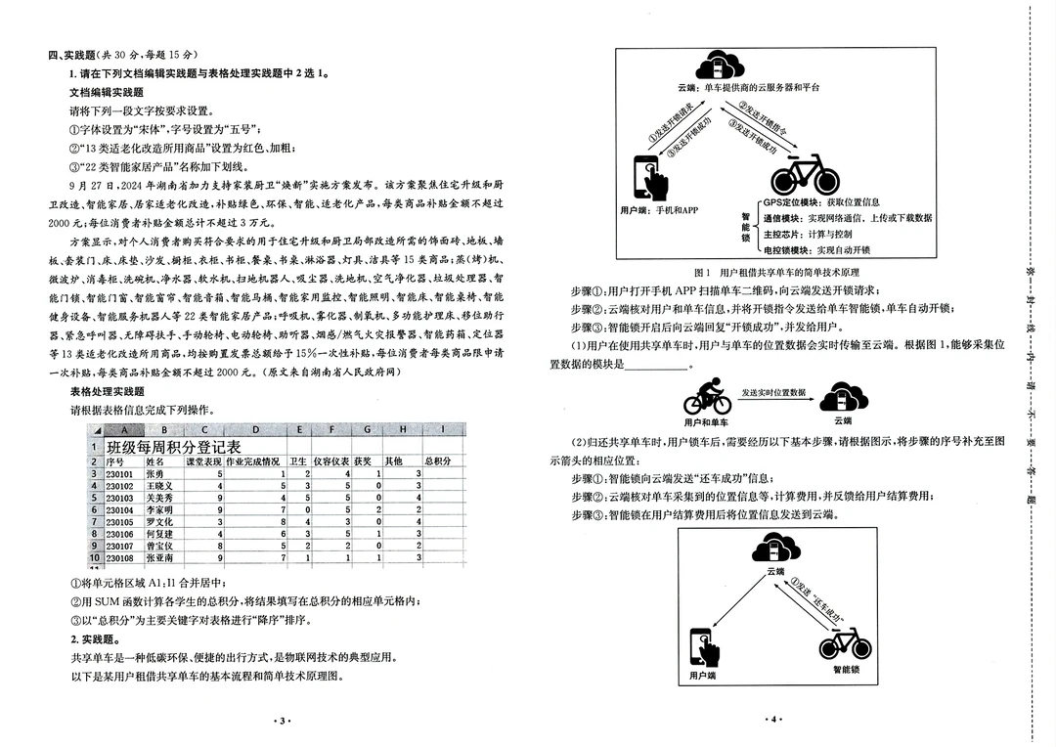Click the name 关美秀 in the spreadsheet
(x=160, y=497)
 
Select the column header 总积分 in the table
(x=436, y=460)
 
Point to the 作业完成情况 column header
(x=253, y=460)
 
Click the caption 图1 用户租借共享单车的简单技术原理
(x=763, y=272)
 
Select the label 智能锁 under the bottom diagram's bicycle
(x=846, y=670)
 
